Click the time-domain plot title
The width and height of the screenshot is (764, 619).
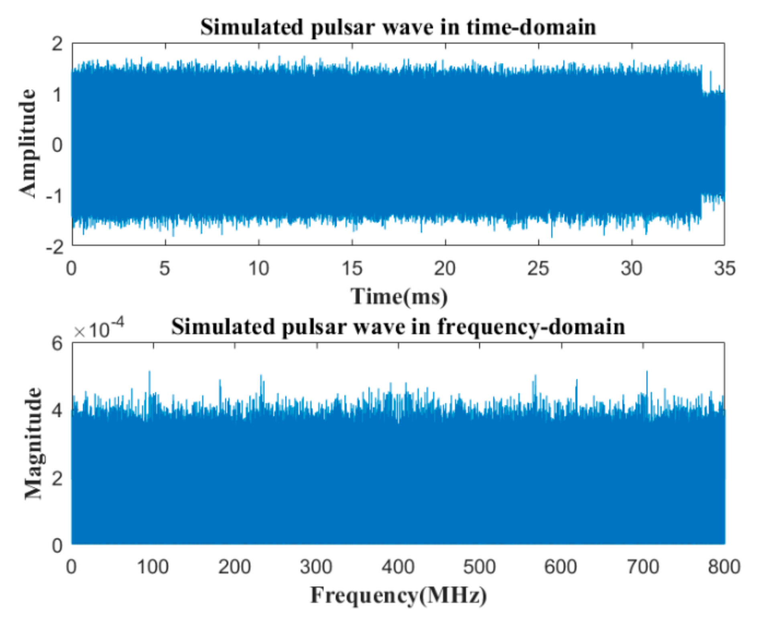click(x=398, y=27)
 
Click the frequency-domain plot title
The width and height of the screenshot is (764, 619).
click(x=398, y=327)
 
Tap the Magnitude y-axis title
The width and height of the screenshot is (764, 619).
click(x=33, y=443)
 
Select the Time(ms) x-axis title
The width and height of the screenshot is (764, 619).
click(x=399, y=297)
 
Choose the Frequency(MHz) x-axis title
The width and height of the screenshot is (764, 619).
click(x=398, y=595)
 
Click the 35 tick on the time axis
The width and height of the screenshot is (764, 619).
click(x=725, y=268)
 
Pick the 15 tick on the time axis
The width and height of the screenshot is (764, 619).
click(x=352, y=268)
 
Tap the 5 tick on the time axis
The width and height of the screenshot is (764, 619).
click(x=165, y=268)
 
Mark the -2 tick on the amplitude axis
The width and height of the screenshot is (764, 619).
click(x=55, y=247)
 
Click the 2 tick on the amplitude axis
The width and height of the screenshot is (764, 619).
click(x=57, y=44)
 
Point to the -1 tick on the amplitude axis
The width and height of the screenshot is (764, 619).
click(x=55, y=196)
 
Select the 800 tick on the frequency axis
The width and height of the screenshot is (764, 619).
click(x=724, y=567)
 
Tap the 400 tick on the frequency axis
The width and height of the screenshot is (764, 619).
click(x=398, y=567)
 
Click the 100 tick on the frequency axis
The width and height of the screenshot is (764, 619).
click(x=152, y=567)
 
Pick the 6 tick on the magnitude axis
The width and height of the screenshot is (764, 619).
click(x=57, y=344)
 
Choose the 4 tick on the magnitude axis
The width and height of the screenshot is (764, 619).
click(x=57, y=411)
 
